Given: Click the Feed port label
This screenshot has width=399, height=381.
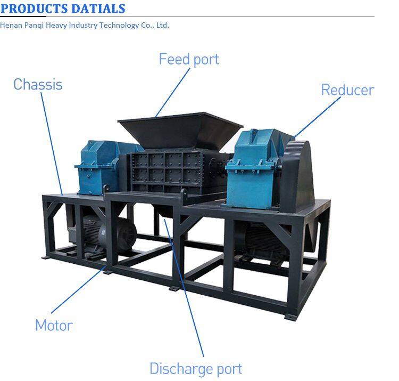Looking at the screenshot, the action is (x=188, y=59).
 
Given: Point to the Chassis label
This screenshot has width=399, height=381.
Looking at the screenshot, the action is (x=38, y=84).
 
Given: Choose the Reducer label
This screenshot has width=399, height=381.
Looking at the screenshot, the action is (x=347, y=90).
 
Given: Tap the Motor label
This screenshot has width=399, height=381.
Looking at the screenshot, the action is (x=54, y=325).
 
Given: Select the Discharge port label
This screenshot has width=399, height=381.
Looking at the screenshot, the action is (x=195, y=368).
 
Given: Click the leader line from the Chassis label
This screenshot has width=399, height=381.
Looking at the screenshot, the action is (x=53, y=144).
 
